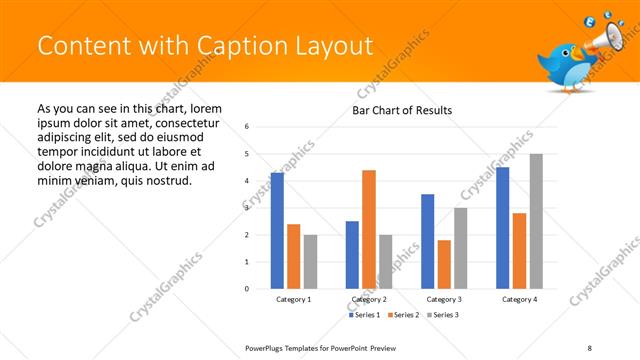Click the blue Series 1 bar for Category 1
[x=277, y=231]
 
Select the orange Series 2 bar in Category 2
[x=369, y=229]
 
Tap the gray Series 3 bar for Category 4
[x=536, y=221]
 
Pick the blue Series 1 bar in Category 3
[x=428, y=241]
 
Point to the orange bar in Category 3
[x=444, y=264]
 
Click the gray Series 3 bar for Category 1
[x=310, y=262]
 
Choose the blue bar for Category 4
[x=503, y=228]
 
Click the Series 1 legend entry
[x=364, y=315]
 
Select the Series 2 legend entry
[x=403, y=315]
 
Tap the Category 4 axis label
[x=519, y=299]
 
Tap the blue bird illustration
[x=565, y=66]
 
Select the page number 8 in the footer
[x=590, y=347]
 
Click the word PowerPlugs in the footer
[x=267, y=347]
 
